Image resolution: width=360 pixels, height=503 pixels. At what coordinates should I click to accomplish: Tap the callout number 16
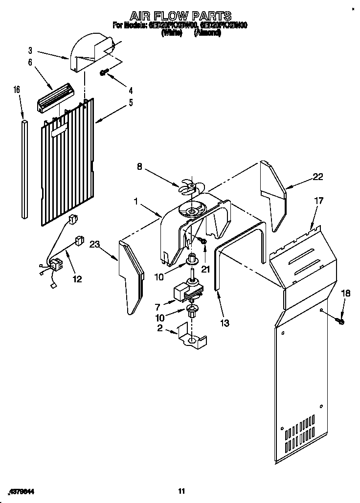point(17,90)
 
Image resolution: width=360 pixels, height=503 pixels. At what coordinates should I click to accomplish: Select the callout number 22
point(318,177)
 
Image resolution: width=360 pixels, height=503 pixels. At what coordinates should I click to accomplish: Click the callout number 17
point(318,200)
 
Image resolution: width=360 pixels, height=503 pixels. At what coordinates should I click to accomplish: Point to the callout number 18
point(346,293)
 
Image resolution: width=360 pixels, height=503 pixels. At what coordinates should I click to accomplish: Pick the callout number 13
point(225,323)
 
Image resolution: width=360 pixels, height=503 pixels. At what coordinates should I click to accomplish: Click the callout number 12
point(77,279)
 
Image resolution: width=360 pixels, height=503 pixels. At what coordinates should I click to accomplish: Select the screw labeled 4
point(104,72)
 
